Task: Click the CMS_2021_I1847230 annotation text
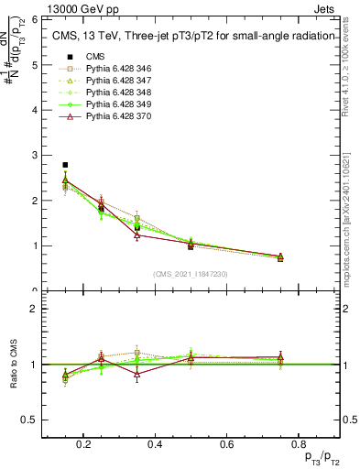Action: click(191, 274)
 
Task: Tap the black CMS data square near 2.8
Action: click(65, 165)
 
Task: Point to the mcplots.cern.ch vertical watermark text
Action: click(351, 211)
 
